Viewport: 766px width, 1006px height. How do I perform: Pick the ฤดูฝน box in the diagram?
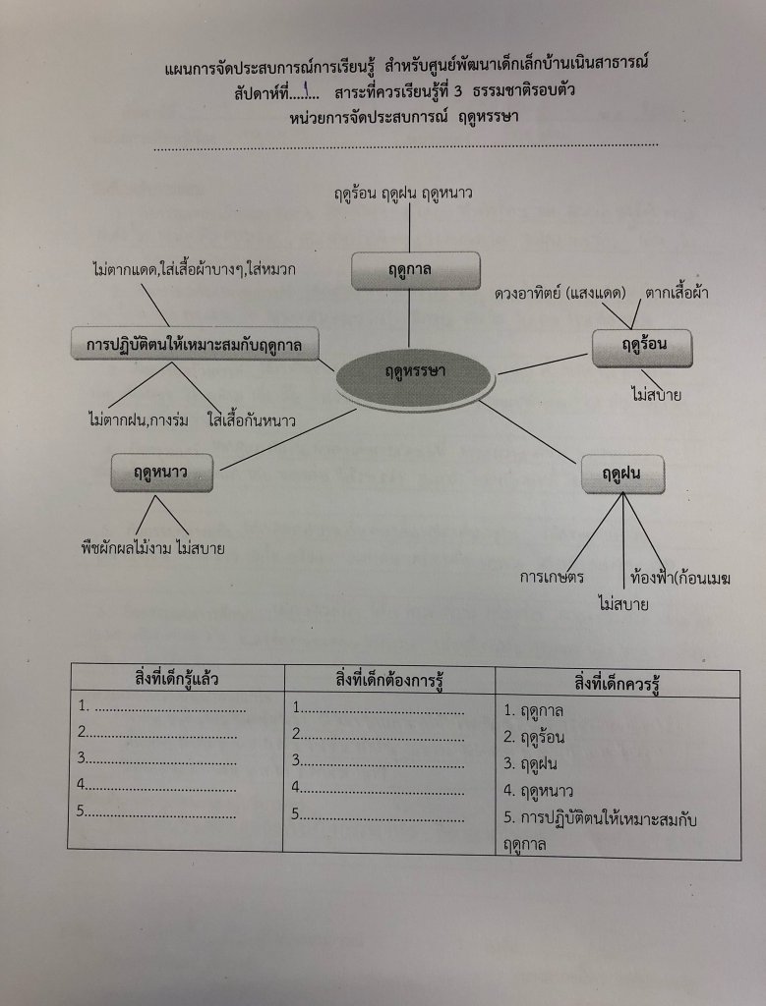pyautogui.click(x=621, y=475)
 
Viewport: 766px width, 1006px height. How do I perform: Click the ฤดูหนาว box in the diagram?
pyautogui.click(x=162, y=473)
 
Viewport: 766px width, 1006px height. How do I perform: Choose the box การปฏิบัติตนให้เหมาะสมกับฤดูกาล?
pyautogui.click(x=194, y=345)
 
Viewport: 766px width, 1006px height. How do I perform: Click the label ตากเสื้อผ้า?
pyautogui.click(x=677, y=293)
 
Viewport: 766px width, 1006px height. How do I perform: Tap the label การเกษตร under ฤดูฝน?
pyautogui.click(x=553, y=576)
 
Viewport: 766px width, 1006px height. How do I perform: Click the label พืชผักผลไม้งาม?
pyautogui.click(x=124, y=547)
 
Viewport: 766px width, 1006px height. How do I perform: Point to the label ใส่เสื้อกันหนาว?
pyautogui.click(x=252, y=420)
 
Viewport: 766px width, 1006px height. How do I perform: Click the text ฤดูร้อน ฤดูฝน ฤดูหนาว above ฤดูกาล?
pyautogui.click(x=408, y=196)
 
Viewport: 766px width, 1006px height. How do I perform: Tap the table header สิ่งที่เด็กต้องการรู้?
pyautogui.click(x=388, y=679)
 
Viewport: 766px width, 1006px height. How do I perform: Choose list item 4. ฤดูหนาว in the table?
pyautogui.click(x=538, y=790)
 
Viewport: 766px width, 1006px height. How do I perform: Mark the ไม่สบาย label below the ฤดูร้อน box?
pyautogui.click(x=657, y=396)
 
